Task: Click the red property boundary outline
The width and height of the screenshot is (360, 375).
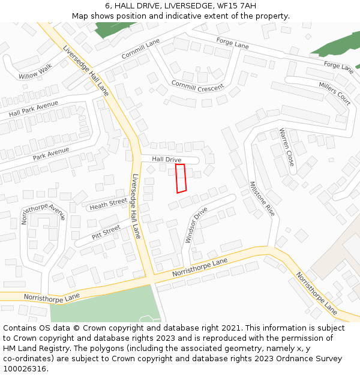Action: point(181,178)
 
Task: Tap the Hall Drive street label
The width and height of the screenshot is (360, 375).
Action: point(166,160)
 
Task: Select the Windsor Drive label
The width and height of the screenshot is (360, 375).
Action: point(196,225)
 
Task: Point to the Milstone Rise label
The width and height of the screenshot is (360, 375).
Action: point(262,199)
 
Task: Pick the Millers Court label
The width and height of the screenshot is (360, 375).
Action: point(335,93)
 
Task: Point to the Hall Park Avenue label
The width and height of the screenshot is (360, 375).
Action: point(34,109)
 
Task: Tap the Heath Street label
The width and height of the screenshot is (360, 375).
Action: point(108,205)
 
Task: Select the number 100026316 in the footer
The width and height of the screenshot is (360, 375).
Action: point(25,369)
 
